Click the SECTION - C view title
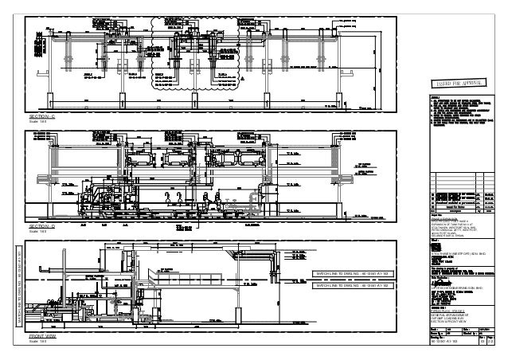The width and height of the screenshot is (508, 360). pos(41,116)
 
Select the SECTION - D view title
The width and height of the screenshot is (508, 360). pos(41,227)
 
